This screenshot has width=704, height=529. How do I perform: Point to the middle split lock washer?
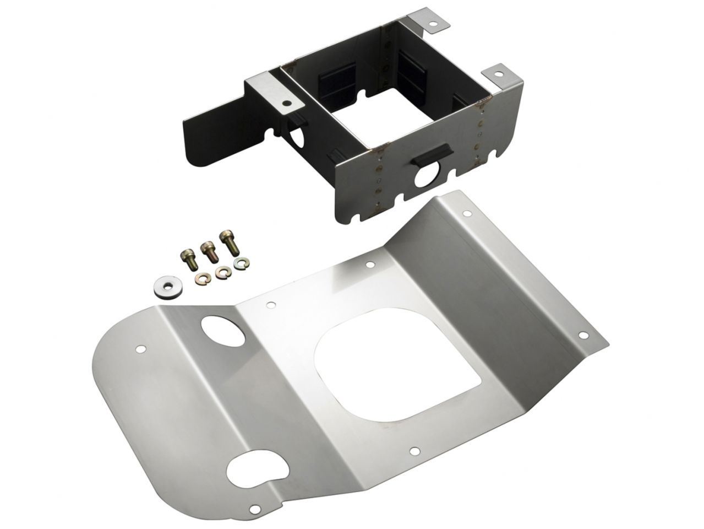pos(222,272)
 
